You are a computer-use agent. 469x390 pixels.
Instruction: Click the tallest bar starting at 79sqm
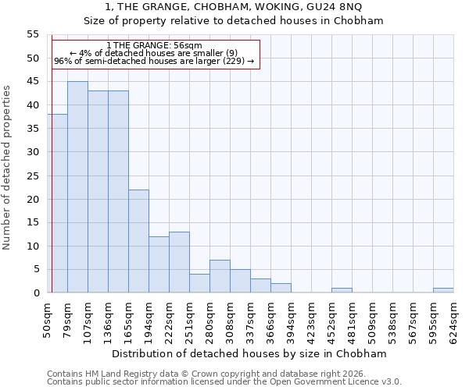click(77, 187)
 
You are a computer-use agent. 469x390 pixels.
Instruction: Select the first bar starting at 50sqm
click(58, 204)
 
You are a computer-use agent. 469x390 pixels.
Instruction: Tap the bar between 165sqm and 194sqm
click(138, 241)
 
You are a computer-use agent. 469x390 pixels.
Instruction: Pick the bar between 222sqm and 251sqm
click(179, 262)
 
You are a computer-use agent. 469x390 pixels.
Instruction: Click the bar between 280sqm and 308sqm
click(220, 276)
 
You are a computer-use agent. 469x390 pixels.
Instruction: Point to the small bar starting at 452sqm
click(342, 290)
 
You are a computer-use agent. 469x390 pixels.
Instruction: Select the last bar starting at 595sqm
click(443, 290)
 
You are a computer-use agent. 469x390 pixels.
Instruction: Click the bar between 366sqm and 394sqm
click(281, 288)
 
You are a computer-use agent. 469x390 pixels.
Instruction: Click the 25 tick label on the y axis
click(33, 175)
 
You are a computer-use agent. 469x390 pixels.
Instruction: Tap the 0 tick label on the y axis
click(36, 293)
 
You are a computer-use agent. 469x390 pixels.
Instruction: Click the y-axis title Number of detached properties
click(8, 167)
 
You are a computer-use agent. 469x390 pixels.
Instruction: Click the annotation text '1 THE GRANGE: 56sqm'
click(154, 45)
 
